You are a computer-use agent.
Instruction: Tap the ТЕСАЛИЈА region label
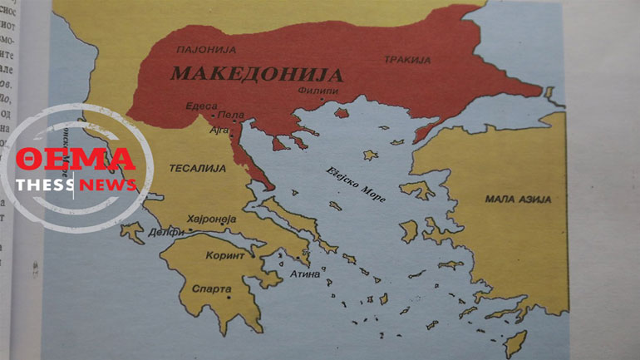(198, 168)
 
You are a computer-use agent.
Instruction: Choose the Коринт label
(224, 255)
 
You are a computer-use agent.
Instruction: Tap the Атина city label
(304, 273)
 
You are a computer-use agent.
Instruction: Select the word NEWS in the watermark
(108, 184)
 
